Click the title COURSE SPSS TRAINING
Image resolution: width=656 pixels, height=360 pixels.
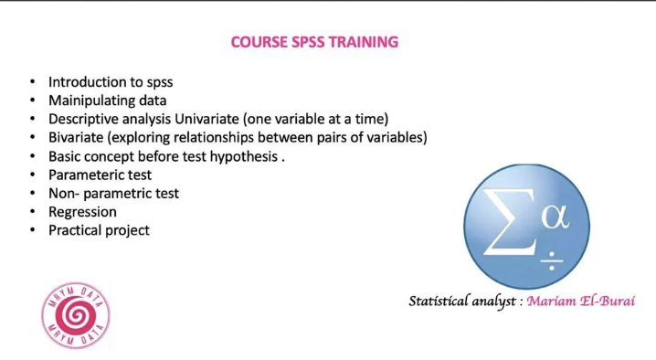point(314,42)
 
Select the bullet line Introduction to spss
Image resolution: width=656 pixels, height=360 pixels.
point(110,82)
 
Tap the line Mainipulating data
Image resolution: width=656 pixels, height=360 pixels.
point(107,101)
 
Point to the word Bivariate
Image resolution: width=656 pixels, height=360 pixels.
point(79,137)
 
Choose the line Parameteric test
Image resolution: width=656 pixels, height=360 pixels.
point(100,175)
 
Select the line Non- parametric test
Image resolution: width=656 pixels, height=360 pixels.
point(113,193)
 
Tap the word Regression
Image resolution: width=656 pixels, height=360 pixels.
point(82,211)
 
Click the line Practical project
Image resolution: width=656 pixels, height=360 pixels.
point(99,230)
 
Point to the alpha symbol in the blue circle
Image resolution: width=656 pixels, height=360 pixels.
point(555,217)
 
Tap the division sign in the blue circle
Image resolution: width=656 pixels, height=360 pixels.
point(552,262)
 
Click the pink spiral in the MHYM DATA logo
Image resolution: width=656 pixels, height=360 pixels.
point(76,316)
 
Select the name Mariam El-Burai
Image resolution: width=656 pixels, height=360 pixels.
point(580,301)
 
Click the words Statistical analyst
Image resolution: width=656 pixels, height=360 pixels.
point(463,301)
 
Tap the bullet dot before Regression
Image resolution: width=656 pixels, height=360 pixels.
point(32,212)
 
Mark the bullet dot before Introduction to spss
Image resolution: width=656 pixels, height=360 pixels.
point(32,82)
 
